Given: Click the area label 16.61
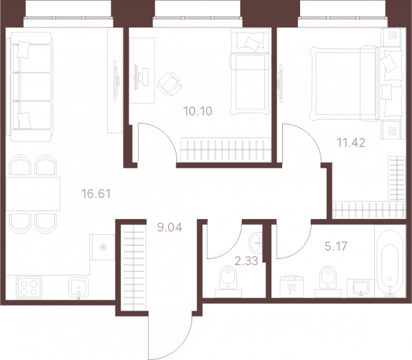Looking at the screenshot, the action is click(x=96, y=194).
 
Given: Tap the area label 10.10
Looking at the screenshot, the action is click(x=198, y=111).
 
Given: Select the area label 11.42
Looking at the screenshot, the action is click(x=351, y=143).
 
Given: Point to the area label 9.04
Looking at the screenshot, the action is click(x=170, y=227).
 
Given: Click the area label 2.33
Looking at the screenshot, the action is click(x=247, y=261).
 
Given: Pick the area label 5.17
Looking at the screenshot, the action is click(x=336, y=247).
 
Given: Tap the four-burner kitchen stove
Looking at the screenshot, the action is click(x=29, y=287).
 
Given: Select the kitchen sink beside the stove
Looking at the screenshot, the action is click(x=78, y=288).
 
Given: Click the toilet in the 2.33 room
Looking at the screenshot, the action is click(x=228, y=282).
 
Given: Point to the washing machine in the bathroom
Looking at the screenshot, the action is click(x=291, y=286).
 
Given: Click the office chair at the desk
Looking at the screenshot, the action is click(x=170, y=84).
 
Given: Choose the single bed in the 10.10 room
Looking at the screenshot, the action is click(x=250, y=71).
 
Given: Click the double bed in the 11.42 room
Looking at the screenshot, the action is click(x=356, y=84).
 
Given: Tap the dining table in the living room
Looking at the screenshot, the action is click(x=33, y=194).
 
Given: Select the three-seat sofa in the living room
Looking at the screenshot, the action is click(x=30, y=87).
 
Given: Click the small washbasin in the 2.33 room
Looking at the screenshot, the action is click(x=255, y=242).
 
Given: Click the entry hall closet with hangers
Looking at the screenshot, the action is click(x=133, y=267).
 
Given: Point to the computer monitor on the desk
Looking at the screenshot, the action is click(x=136, y=77).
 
